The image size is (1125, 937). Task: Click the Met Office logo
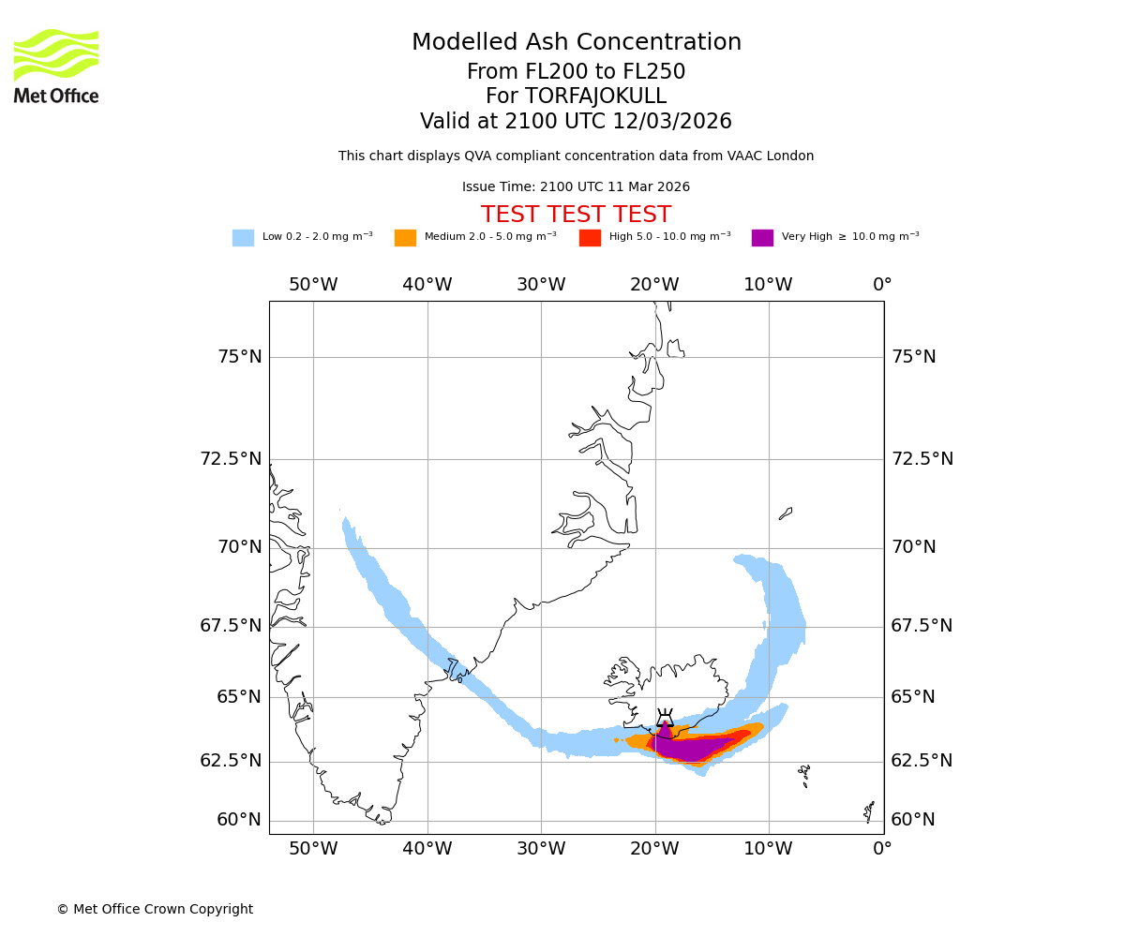coord(56,66)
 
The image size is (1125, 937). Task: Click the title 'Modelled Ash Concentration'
coord(576,43)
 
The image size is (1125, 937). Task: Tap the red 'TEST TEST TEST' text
coord(576,215)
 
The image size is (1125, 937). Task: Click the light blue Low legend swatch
coord(243,238)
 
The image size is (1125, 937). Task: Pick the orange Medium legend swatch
coord(405,238)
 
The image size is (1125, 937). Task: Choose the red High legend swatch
coord(590,238)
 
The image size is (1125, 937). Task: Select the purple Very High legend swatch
coord(762,238)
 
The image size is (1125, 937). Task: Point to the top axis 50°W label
coord(313,285)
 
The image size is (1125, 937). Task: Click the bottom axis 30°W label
coord(541,850)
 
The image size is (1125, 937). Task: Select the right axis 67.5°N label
coord(922,626)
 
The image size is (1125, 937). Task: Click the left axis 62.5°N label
coord(231,761)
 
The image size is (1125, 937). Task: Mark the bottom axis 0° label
coord(882,850)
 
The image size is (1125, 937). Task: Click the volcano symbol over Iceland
coord(665,719)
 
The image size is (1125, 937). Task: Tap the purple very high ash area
coord(689,749)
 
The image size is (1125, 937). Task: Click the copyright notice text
coord(155,909)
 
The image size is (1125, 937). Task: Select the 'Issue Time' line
coord(576,187)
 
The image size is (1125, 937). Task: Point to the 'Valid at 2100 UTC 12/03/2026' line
coord(576,122)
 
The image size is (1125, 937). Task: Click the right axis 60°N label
coord(913,820)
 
